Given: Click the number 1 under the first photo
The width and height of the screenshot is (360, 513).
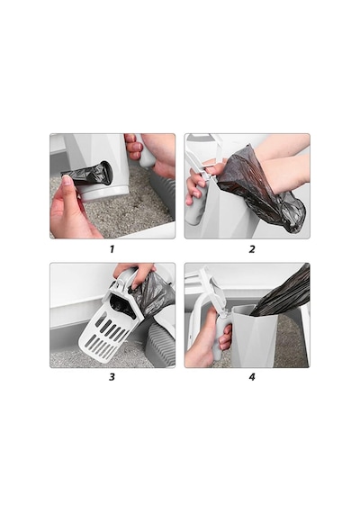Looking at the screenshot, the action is click(112, 249).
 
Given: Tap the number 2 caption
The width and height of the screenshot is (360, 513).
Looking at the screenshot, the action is click(252, 249).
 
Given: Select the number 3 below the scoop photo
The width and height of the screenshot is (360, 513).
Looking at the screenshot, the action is click(112, 377).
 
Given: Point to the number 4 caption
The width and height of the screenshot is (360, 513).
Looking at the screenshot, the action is click(252, 377).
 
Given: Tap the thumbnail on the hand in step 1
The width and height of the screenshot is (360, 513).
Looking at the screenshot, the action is click(67, 180).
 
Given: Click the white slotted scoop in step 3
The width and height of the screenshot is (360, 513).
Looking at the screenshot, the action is click(103, 330).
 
